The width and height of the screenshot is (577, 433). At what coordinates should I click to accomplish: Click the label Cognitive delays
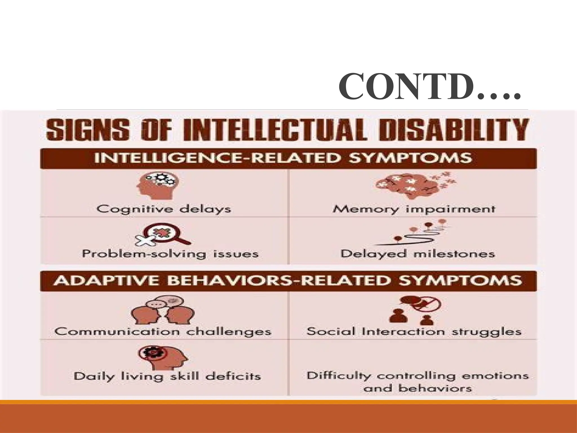pos(163,209)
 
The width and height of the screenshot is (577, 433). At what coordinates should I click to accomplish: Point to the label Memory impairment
pos(414,209)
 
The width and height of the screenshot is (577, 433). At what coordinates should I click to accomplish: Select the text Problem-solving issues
pos(170,254)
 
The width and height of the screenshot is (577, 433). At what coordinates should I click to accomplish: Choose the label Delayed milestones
pos(417,254)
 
